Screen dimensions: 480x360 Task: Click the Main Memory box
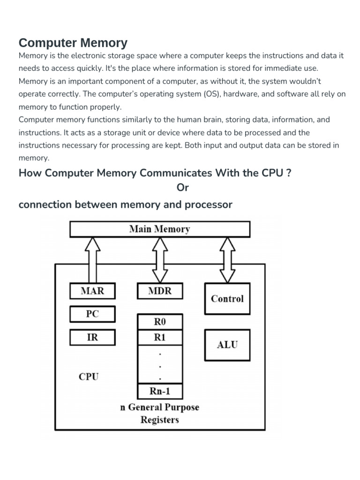(159, 229)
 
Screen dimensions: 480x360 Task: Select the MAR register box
(92, 291)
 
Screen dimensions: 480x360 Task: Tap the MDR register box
(160, 291)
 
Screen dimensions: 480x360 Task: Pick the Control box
(227, 299)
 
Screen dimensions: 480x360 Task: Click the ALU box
(227, 345)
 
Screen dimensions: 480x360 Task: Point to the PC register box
(92, 314)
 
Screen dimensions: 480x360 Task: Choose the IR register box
(92, 337)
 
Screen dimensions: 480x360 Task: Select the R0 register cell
(160, 322)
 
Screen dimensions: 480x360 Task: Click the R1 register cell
(160, 337)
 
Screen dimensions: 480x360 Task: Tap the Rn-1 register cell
(160, 391)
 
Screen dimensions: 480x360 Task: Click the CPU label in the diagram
(89, 376)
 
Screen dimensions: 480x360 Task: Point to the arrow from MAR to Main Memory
(93, 260)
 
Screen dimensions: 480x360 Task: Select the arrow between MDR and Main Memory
(160, 260)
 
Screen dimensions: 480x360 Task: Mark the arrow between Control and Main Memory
(228, 260)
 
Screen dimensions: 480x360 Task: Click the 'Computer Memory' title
(73, 43)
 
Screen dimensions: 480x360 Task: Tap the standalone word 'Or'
(182, 187)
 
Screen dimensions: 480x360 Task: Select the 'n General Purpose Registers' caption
(160, 413)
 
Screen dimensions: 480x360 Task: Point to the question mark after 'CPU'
(289, 173)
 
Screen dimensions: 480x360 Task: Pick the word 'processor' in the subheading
(208, 205)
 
